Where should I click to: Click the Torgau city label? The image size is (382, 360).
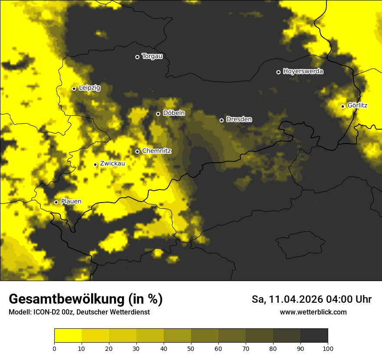(x=152, y=56)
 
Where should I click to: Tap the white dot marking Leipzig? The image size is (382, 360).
(x=74, y=88)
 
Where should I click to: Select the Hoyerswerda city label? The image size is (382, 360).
(x=303, y=72)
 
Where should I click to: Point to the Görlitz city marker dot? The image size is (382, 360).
(x=342, y=106)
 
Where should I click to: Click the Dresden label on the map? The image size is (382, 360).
(x=239, y=119)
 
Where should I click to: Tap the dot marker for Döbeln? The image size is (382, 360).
(x=158, y=114)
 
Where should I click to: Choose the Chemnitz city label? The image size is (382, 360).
(x=157, y=151)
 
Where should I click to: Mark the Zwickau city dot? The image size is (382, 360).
(x=95, y=164)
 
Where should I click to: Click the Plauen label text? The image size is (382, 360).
(x=71, y=202)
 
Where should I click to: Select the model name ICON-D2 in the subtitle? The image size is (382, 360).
(x=48, y=312)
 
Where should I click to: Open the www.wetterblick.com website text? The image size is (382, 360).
(x=313, y=312)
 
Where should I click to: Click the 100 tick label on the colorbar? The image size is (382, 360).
(x=328, y=348)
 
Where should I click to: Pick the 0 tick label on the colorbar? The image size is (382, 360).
(x=54, y=348)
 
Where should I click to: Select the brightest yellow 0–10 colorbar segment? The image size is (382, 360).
(x=68, y=335)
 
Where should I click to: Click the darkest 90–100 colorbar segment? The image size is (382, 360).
(x=314, y=335)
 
